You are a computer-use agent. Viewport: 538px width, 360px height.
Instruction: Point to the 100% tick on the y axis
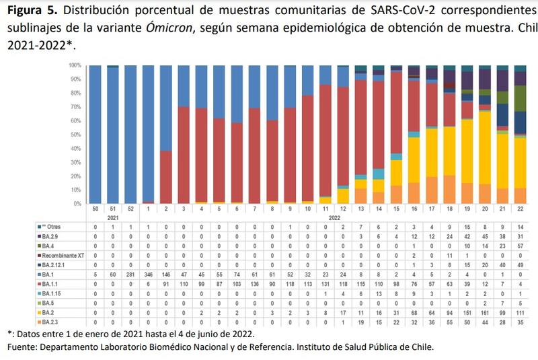click(x=75, y=65)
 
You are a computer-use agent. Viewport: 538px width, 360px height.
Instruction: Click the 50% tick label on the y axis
click(x=77, y=135)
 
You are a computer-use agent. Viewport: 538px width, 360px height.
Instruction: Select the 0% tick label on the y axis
click(x=78, y=203)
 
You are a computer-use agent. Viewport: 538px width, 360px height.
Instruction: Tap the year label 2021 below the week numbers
click(x=114, y=219)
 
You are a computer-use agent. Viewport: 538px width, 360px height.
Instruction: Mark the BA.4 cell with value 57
click(x=520, y=247)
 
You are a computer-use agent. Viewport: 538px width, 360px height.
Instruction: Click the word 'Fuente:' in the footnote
click(x=24, y=347)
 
